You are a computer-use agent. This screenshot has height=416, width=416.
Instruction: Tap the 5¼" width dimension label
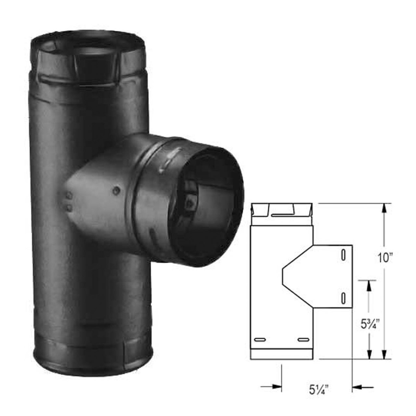[x=316, y=388]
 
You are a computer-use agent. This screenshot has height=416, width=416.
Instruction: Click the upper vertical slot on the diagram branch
[x=343, y=255]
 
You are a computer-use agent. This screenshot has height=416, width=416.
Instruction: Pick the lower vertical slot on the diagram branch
[x=343, y=297]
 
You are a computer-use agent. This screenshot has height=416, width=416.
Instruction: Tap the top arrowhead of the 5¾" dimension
[x=369, y=285]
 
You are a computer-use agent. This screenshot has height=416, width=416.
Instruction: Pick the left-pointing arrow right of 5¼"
[x=357, y=386]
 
